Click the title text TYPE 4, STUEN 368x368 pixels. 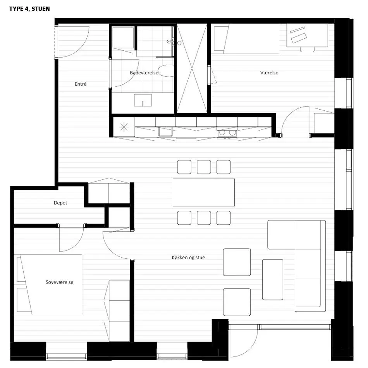point(29,9)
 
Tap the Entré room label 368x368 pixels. point(81,84)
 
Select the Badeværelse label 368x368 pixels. point(144,73)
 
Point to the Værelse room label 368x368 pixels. point(269,73)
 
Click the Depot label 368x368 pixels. point(60,203)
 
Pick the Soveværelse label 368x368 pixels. point(59,282)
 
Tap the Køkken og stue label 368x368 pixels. point(188,258)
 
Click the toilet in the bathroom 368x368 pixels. point(166,71)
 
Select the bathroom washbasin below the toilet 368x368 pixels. point(143,100)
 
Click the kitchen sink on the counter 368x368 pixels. point(165,131)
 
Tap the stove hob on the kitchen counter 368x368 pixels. point(227,133)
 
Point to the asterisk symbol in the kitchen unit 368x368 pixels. point(124,127)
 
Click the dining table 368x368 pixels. point(204,193)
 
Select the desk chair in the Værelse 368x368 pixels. point(307,50)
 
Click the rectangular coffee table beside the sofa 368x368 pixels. point(272,280)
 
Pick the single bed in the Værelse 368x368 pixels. point(246,39)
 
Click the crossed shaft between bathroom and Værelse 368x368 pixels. point(192,68)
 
